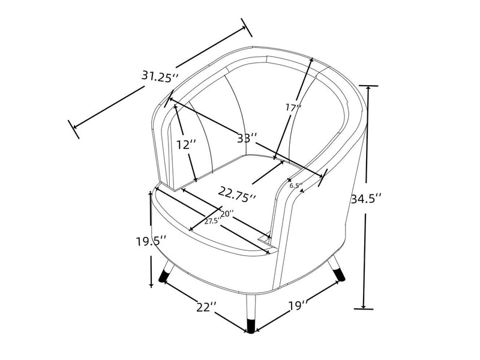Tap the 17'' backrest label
[293, 108]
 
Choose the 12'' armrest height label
[187, 145]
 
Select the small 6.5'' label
[295, 185]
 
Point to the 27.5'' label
[211, 221]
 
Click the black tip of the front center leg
[250, 326]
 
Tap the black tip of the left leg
[163, 278]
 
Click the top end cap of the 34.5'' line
[368, 86]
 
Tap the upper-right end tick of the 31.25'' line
[247, 27]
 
